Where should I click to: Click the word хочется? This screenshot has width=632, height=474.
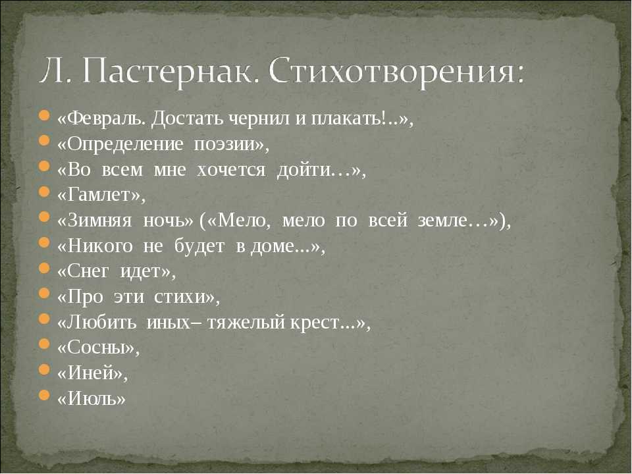(231, 170)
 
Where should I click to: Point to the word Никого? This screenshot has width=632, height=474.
(100, 246)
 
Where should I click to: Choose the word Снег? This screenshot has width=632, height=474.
(88, 271)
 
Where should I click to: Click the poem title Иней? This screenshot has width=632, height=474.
(90, 373)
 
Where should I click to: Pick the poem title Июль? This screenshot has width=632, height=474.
(92, 399)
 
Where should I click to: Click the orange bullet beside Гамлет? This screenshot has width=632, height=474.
(44, 192)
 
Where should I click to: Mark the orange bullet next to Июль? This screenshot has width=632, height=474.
(44, 396)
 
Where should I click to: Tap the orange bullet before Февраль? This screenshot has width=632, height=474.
(44, 115)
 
